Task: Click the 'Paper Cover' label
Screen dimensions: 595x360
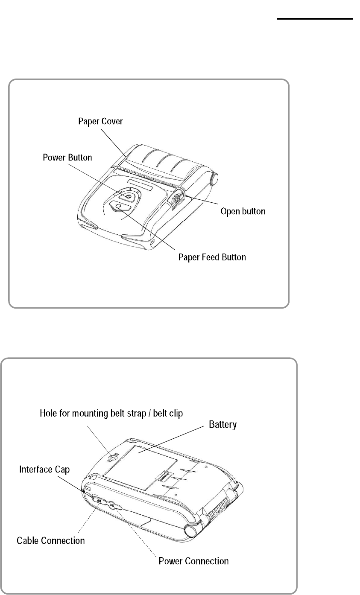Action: pos(100,121)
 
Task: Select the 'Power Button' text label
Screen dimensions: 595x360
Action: pos(67,157)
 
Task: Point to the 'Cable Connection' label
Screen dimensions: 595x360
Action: pos(50,540)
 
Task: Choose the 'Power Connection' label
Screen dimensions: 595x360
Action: pos(193,560)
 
